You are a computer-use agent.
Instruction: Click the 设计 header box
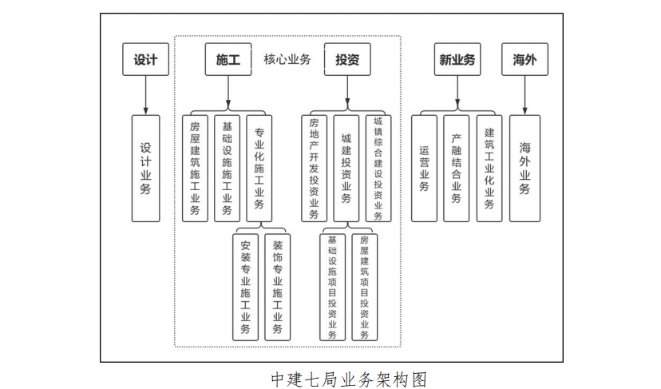click(145, 59)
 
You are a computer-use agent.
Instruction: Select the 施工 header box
click(228, 59)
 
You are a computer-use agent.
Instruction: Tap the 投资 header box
click(346, 59)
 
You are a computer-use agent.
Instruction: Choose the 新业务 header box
click(457, 59)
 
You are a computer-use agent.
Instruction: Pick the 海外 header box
click(524, 59)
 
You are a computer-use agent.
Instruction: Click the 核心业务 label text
click(287, 59)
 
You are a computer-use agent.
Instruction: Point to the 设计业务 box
click(145, 169)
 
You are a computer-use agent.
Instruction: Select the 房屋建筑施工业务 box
click(196, 169)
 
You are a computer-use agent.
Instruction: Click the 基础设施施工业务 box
click(228, 169)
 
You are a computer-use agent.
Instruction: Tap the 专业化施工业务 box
click(259, 169)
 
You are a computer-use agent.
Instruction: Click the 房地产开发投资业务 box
click(314, 169)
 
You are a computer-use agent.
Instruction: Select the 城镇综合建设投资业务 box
click(378, 169)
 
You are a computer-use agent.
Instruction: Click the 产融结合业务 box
click(456, 169)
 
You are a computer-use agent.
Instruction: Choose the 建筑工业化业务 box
click(489, 169)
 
